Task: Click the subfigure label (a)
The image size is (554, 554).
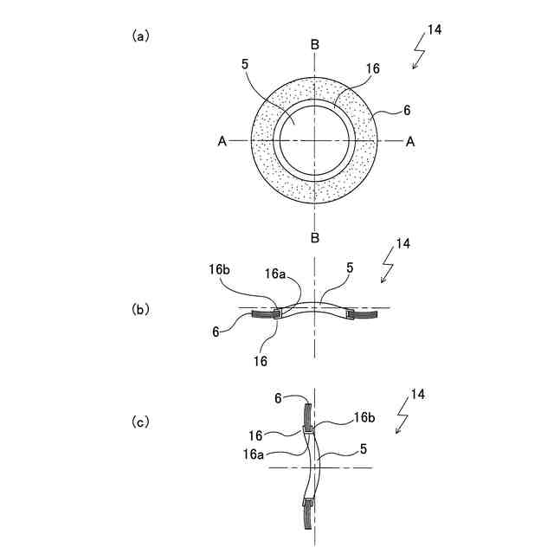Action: click(x=140, y=36)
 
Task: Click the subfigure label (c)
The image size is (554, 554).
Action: click(x=140, y=422)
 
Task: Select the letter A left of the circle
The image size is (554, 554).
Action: click(x=222, y=142)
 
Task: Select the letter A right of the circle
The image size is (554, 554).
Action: click(x=410, y=142)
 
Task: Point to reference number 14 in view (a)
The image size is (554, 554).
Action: click(x=435, y=30)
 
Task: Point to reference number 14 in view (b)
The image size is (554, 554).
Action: click(x=403, y=244)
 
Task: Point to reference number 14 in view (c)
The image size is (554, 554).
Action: click(x=417, y=395)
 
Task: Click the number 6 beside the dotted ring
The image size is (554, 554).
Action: click(x=407, y=111)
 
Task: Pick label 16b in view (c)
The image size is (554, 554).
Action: click(x=364, y=418)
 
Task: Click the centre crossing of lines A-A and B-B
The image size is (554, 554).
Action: click(x=314, y=141)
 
